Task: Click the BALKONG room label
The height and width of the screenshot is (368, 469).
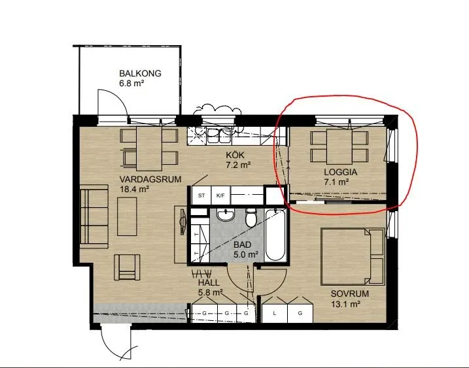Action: tap(140, 73)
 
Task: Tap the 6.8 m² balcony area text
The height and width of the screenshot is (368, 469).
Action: tap(131, 83)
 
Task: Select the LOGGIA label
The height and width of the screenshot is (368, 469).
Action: tap(341, 172)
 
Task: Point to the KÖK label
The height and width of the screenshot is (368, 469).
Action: tap(235, 155)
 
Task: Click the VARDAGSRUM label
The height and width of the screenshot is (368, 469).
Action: tap(150, 179)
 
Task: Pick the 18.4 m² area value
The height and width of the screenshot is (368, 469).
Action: tap(135, 190)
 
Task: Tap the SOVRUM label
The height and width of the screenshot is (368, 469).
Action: tap(350, 293)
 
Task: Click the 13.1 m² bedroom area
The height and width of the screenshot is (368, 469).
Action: tap(345, 304)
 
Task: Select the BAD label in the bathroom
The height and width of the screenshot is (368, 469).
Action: tap(242, 245)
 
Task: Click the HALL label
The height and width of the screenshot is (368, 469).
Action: tap(209, 282)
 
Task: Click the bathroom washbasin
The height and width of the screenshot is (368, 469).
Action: tap(226, 215)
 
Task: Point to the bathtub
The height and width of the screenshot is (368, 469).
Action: tap(275, 235)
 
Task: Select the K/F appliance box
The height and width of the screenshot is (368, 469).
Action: tap(220, 195)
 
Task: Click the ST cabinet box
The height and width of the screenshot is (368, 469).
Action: tap(201, 195)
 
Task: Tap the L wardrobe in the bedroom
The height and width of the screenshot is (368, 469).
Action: tap(275, 313)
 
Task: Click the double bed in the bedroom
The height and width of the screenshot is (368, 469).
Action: tap(353, 256)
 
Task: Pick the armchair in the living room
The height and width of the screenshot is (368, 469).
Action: tap(128, 267)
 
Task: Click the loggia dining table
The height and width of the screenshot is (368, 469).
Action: tap(339, 147)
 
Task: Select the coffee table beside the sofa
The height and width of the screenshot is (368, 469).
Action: tap(127, 216)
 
